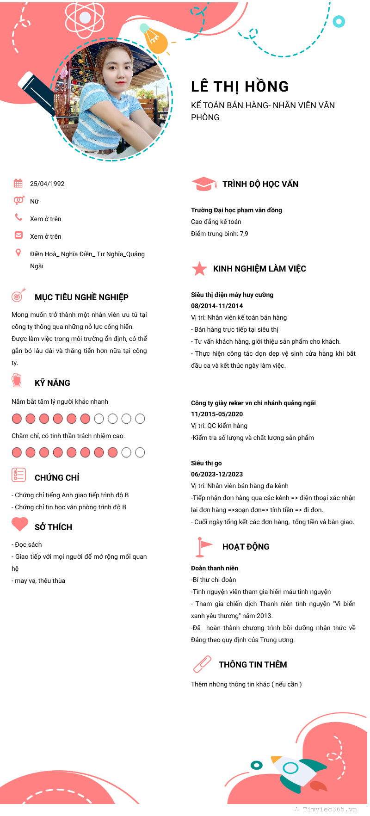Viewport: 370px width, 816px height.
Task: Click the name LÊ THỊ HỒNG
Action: click(x=240, y=87)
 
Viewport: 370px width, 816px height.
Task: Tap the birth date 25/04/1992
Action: click(x=47, y=184)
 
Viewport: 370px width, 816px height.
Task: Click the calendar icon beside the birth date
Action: click(x=18, y=183)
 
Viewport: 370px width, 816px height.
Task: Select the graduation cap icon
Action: click(x=203, y=184)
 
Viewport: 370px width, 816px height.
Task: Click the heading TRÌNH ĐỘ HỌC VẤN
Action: click(x=260, y=184)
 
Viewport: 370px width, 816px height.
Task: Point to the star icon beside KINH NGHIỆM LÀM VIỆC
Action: click(x=199, y=268)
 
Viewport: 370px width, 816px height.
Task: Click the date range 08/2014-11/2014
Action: click(x=217, y=306)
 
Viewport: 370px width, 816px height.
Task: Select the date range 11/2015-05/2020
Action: click(x=217, y=414)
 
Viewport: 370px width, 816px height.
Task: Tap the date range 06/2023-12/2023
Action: click(x=217, y=474)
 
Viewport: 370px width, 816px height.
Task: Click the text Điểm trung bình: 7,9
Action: click(x=220, y=234)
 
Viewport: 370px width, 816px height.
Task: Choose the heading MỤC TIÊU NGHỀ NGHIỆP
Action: click(x=81, y=297)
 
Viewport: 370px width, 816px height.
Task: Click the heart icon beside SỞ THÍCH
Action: click(x=20, y=524)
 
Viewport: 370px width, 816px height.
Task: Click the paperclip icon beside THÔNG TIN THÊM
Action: click(x=202, y=664)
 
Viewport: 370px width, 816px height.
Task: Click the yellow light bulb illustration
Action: click(x=154, y=39)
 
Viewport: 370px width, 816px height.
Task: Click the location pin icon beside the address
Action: click(x=18, y=253)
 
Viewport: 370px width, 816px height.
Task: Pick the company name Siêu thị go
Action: click(x=206, y=463)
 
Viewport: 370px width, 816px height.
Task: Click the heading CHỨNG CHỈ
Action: click(x=57, y=477)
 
